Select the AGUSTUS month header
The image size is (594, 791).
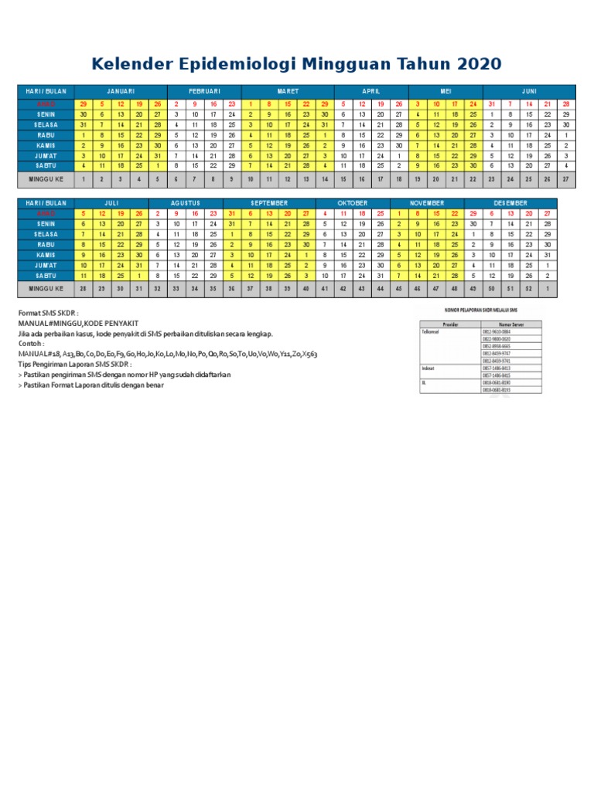click(x=195, y=202)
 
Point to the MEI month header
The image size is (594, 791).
click(x=445, y=91)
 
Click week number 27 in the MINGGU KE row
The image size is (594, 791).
click(x=566, y=178)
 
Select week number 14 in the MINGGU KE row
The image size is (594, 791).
click(x=324, y=178)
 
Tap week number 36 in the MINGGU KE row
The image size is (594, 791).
click(x=231, y=290)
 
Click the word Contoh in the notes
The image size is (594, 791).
click(x=31, y=344)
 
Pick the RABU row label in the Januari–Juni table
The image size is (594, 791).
click(x=44, y=134)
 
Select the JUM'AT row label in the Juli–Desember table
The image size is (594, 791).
click(x=44, y=265)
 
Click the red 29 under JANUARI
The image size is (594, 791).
click(x=83, y=104)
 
